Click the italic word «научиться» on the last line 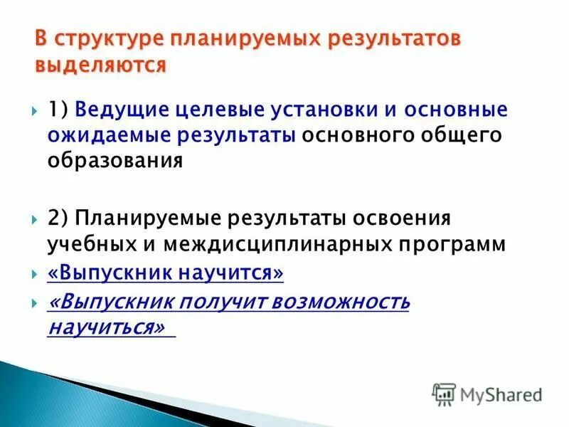(110, 327)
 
